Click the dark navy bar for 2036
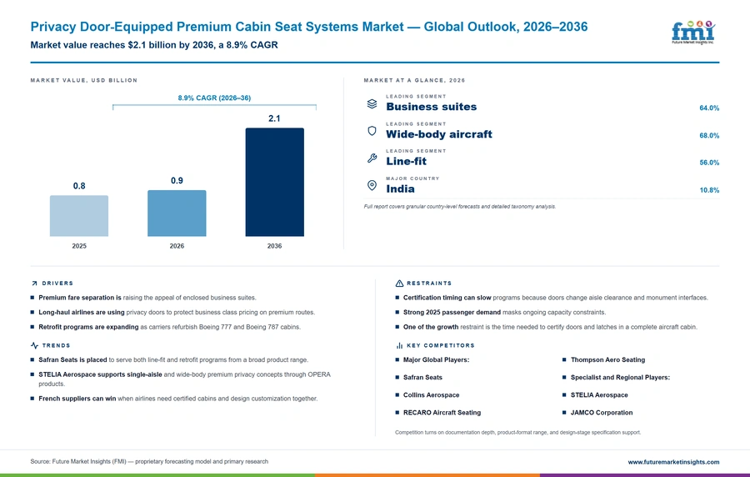click(x=274, y=182)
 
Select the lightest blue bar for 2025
click(x=79, y=216)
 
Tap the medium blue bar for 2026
click(x=177, y=213)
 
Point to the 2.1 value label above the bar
click(x=274, y=118)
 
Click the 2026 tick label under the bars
click(x=177, y=246)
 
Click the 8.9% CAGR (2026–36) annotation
click(x=214, y=98)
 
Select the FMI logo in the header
click(x=693, y=32)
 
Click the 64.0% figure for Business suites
click(x=709, y=108)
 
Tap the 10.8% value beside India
click(x=709, y=190)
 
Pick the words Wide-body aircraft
click(x=439, y=134)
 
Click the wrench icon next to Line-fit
click(x=372, y=158)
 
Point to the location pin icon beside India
click(x=372, y=185)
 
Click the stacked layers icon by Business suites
click(x=372, y=103)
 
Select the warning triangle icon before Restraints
click(x=399, y=284)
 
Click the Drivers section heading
click(x=57, y=284)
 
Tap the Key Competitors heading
click(x=441, y=345)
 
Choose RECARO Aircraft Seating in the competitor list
click(x=442, y=413)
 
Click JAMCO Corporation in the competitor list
click(x=602, y=413)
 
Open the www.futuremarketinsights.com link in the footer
click(x=673, y=462)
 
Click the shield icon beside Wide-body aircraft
click(x=372, y=131)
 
